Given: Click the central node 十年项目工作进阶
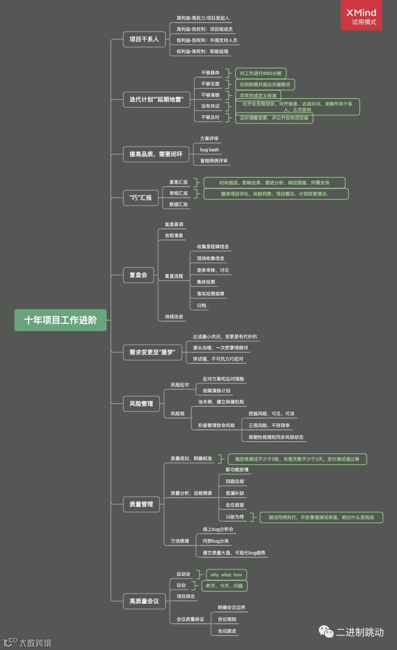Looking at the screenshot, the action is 60,320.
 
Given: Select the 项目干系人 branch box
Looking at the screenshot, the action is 144,39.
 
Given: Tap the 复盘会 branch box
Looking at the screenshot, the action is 138,275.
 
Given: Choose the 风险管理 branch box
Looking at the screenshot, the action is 141,404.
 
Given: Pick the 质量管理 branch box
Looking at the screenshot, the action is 141,504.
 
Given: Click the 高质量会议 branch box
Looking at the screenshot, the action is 144,601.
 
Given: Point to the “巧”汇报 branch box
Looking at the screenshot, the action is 140,198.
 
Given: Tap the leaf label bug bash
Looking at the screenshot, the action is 209,150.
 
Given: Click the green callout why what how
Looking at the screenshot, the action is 226,575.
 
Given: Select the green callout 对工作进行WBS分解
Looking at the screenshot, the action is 261,73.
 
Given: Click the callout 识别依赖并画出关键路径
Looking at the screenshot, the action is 265,84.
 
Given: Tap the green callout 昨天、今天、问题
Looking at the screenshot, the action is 224,586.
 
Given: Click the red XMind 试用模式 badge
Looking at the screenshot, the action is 361,15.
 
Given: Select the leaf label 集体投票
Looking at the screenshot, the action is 206,282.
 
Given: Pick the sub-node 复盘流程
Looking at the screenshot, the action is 174,276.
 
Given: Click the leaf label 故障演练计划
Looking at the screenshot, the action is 217,391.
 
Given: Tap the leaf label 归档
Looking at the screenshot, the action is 201,306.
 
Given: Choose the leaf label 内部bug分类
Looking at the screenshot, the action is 216,541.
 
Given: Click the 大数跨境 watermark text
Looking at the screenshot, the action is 35,643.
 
